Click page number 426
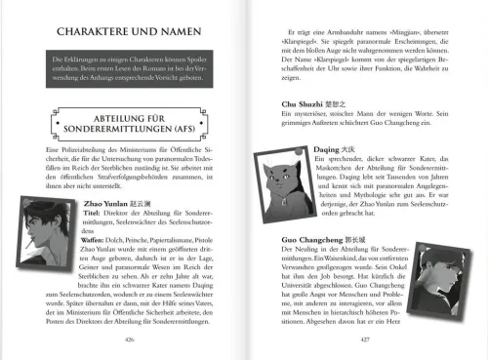pyautogui.click(x=130, y=339)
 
